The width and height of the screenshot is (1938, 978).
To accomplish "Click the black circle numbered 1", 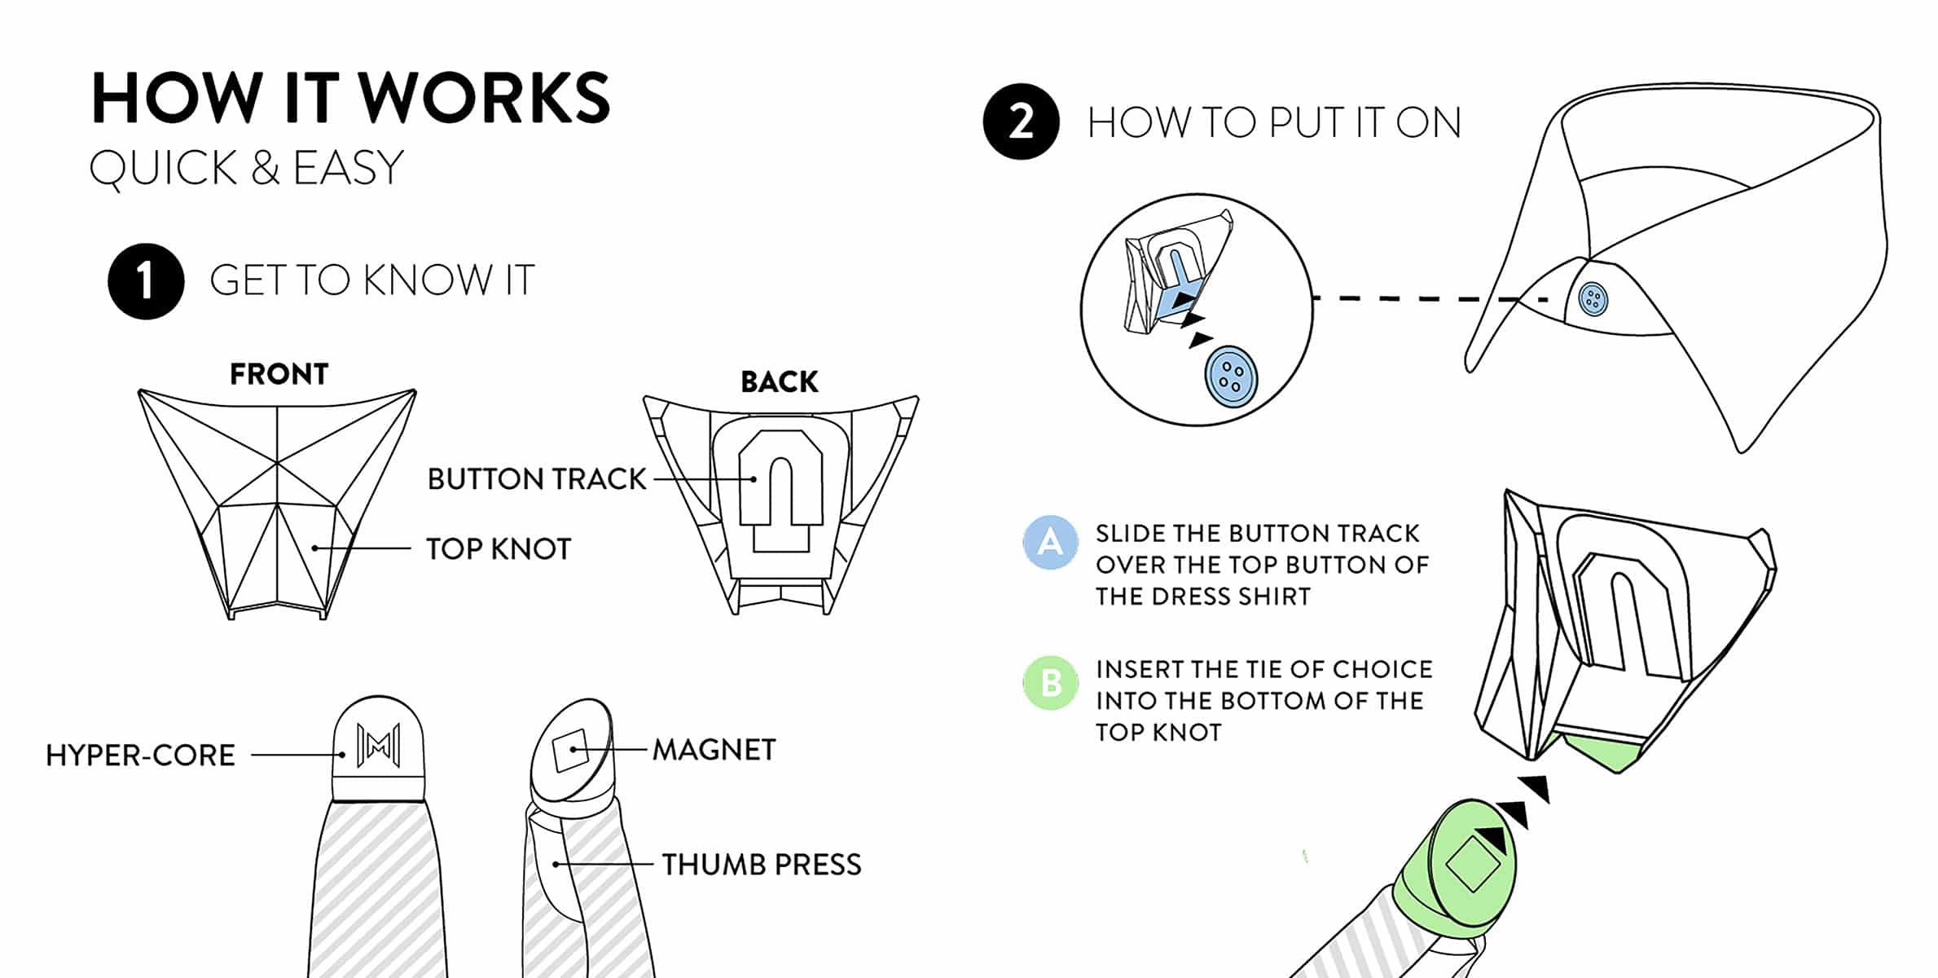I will (146, 281).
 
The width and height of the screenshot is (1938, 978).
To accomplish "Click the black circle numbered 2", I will (1021, 121).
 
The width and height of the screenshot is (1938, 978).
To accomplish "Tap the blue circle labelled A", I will (1050, 542).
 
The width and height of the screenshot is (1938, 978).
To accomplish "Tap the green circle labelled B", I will (1050, 683).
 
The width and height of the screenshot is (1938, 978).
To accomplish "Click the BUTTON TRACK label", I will (537, 479).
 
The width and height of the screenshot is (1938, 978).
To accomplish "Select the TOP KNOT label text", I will (499, 549).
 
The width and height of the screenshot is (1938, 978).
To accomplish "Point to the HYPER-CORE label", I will (140, 756).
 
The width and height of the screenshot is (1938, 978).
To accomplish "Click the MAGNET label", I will (714, 750).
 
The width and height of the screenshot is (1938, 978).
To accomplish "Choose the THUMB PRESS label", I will (761, 865).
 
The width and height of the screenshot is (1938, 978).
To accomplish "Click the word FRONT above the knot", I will (279, 374).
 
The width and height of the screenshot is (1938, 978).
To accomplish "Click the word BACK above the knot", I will (779, 381).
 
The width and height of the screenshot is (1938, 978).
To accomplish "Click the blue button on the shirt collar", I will (1593, 299).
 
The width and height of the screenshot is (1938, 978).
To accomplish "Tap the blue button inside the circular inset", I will (1231, 376).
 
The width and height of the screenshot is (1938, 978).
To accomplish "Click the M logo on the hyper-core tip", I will (378, 745).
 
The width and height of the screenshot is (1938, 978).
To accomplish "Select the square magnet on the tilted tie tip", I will (570, 749).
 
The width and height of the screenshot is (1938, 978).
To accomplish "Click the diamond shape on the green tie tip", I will (1472, 864).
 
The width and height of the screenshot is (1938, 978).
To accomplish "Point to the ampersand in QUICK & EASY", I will (265, 168).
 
